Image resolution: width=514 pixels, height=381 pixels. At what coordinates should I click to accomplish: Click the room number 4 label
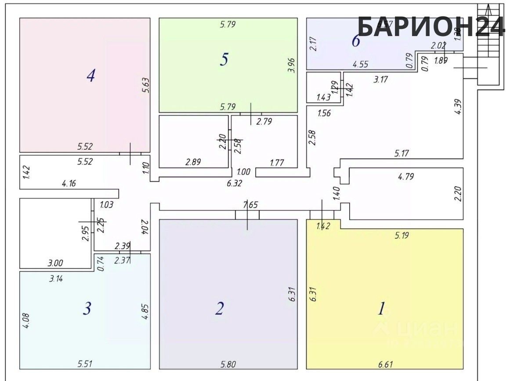point(91,76)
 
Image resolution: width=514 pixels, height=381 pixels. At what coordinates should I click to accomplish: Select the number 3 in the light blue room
point(87,308)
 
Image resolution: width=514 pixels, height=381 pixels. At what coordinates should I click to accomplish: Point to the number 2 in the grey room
point(220,308)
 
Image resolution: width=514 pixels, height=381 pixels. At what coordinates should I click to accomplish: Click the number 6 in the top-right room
point(356,41)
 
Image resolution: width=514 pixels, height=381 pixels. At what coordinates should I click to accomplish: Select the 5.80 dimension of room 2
point(228,364)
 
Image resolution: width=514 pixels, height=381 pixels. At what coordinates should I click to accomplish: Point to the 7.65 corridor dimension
point(250,204)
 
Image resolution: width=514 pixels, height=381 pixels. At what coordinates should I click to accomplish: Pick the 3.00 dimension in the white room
point(55,263)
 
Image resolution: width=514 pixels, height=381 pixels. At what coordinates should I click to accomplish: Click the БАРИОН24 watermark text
point(431,26)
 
